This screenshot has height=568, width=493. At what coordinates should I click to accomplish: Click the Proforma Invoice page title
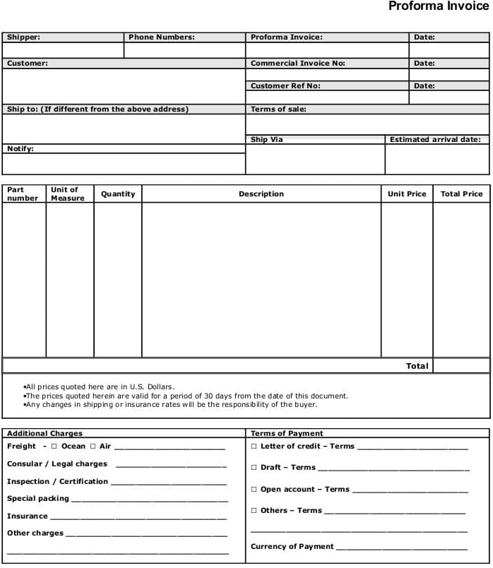coord(438,7)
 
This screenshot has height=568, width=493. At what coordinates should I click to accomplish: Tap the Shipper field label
coord(23,37)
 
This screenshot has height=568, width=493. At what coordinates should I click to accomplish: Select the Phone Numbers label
coord(161,37)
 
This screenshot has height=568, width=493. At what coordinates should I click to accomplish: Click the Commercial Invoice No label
coord(297,64)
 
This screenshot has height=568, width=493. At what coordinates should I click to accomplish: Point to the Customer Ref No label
coord(285,86)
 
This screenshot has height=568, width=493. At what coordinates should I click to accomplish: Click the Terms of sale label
coord(278,110)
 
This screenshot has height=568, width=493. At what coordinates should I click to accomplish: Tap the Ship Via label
coord(266,140)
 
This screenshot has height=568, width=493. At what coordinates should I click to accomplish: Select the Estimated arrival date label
coord(435,140)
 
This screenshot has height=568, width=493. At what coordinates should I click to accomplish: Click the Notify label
coord(20,149)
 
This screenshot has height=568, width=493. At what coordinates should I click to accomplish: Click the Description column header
coord(261,194)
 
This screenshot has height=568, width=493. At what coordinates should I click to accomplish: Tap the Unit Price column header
coord(407,194)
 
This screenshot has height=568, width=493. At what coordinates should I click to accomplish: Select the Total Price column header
coord(461,194)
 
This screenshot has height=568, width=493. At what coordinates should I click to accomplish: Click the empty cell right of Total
coord(461,366)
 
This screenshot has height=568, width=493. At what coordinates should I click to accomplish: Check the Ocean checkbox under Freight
coord(54,446)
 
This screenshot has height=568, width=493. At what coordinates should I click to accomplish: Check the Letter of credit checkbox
coord(254,446)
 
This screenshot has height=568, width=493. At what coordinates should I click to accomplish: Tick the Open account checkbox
coord(254,490)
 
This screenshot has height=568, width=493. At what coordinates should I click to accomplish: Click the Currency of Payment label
coord(292,547)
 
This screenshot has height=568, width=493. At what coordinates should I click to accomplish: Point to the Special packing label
coord(38,499)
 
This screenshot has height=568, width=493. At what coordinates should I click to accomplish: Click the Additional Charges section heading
coord(44,434)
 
